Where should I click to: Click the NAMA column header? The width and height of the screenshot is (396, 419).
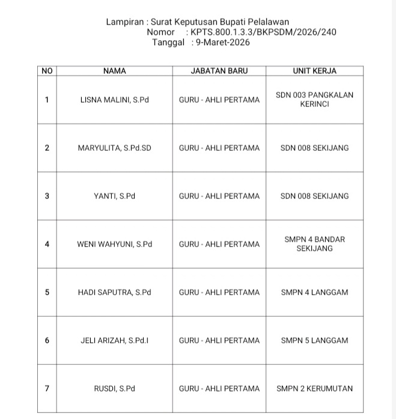coord(114,71)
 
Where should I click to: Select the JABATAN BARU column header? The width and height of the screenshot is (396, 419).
coord(219,71)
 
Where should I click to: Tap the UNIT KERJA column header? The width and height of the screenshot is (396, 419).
coord(314,71)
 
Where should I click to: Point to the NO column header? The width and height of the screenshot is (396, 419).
coord(47,71)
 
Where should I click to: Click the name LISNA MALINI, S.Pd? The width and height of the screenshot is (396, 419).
coord(114,100)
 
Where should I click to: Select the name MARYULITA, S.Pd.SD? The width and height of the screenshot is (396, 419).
coord(114,148)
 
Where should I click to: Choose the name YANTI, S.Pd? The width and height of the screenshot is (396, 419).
coord(114,196)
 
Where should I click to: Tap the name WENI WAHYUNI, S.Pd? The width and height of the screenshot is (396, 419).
coord(114,244)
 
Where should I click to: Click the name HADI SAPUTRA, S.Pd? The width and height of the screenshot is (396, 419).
coord(114,292)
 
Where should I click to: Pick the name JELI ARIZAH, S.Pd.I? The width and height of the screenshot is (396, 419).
coord(114,340)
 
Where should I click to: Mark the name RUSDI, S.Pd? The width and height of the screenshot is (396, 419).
coord(114,388)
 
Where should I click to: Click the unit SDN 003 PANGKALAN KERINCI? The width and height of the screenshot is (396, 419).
coord(314,99)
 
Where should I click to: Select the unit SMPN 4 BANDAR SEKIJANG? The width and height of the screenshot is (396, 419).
coord(314,243)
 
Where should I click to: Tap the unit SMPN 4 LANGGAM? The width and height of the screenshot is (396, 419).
coord(314,292)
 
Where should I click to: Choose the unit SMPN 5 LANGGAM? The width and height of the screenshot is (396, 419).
coord(314,340)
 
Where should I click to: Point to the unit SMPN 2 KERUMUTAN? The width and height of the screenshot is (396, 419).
coord(314,388)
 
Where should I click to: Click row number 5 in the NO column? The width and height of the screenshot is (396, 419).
coord(47,292)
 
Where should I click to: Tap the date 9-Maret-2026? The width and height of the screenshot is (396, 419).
coord(220,43)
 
